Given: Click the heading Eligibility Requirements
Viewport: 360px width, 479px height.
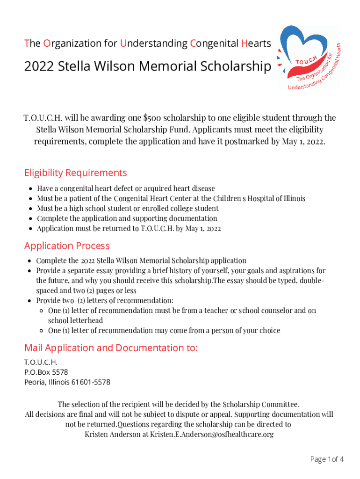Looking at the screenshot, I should pos(75,173).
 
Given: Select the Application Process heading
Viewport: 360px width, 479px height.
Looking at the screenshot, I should pos(67,246).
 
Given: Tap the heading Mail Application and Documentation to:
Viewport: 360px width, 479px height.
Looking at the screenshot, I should pos(111,348).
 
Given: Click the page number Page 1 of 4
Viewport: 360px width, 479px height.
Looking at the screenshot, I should pos(327,459).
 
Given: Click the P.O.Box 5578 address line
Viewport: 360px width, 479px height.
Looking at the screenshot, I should pos(46,372).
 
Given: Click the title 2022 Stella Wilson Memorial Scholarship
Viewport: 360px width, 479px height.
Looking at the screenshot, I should pos(147,67).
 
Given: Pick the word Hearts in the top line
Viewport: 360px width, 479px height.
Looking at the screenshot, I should pos(256,44).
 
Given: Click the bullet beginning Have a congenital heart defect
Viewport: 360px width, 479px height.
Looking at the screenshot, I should pos(126,189).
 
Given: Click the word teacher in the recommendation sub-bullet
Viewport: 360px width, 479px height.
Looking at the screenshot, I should pos(224,311).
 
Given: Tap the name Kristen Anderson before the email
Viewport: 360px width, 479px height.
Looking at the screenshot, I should pos(115,435).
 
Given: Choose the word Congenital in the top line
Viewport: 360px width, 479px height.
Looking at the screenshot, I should pos(214,44).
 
